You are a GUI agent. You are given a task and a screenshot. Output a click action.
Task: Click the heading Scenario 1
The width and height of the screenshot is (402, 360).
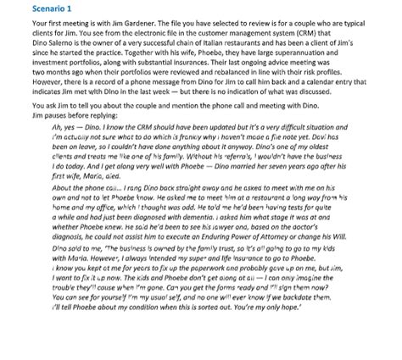point(29,7)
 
